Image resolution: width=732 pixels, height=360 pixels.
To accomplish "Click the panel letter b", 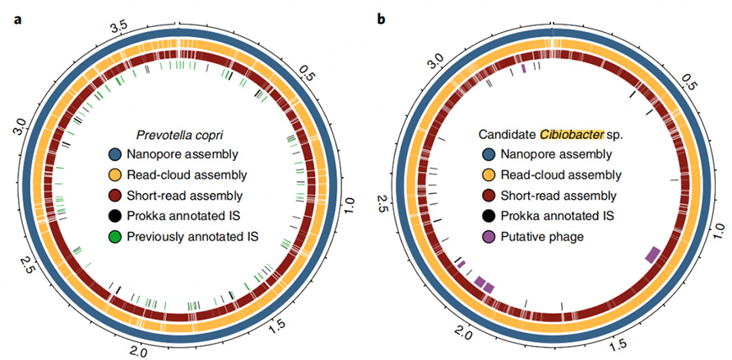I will [x=381, y=18].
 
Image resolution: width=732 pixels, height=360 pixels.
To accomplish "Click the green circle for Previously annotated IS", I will [x=115, y=237].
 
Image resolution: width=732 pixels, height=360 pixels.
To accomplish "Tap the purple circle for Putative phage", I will [x=485, y=237].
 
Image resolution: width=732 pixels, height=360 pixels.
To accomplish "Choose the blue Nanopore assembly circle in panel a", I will [x=115, y=154].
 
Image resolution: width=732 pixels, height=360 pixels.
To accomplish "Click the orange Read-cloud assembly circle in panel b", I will [x=485, y=175].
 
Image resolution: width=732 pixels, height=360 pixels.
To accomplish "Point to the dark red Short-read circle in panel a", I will [x=115, y=196].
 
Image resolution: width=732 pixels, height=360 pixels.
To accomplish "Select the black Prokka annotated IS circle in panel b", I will [x=485, y=216].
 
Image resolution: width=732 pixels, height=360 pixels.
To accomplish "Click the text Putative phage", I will [x=543, y=237].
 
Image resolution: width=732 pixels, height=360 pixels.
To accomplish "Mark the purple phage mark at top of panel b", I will [x=524, y=68].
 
